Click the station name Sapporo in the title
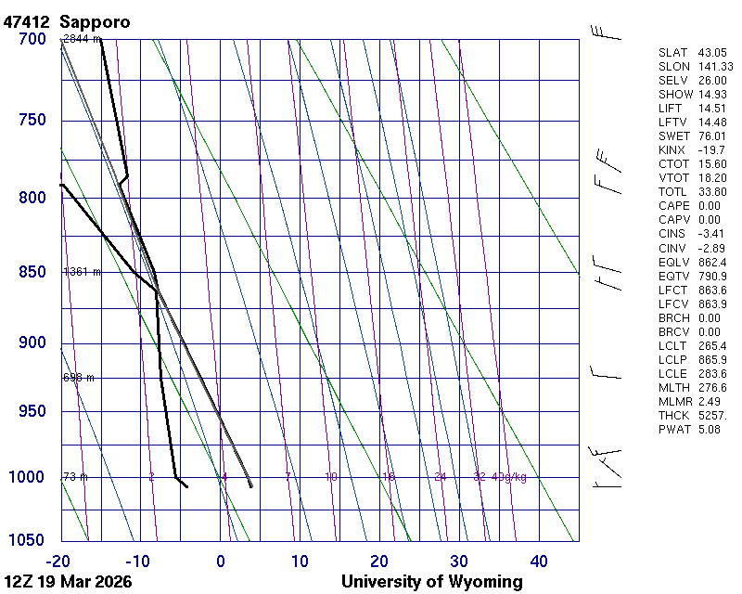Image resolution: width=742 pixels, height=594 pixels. point(95,20)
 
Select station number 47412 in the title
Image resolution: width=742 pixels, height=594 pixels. point(28,20)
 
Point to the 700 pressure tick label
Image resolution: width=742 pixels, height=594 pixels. point(32,39)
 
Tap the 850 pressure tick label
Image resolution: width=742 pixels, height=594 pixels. point(32,272)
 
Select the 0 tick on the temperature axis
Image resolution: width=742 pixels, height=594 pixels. point(221,561)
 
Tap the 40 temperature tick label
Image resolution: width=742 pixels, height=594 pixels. point(539,561)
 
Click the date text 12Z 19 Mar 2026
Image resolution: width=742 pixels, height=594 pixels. point(68,582)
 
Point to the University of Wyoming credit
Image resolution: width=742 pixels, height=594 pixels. point(431,582)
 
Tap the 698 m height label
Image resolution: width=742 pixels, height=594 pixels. point(78,378)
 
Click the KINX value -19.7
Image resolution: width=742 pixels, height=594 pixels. point(710,149)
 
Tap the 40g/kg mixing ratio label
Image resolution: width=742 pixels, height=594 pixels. point(510,477)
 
